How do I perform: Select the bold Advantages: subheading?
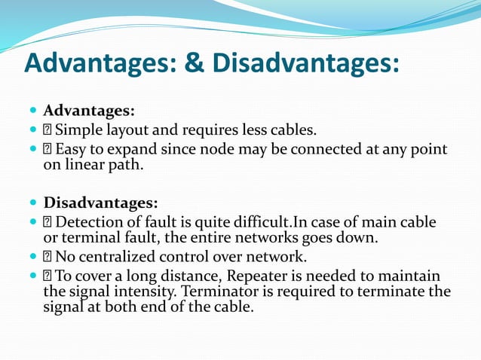click(89, 111)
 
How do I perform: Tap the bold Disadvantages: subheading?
click(101, 203)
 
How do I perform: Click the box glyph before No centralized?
click(47, 256)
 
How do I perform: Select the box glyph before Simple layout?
click(47, 130)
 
